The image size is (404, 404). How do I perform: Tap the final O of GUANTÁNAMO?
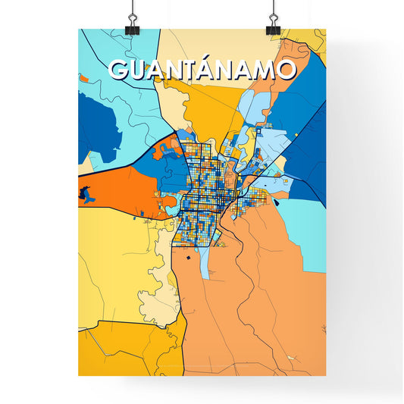[x=283, y=70]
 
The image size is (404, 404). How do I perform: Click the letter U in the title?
[x=139, y=70]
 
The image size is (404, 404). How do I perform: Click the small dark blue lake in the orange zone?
[x=87, y=194]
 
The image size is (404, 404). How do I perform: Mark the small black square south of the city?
[x=183, y=258]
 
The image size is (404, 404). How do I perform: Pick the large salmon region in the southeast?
[x=258, y=303]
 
